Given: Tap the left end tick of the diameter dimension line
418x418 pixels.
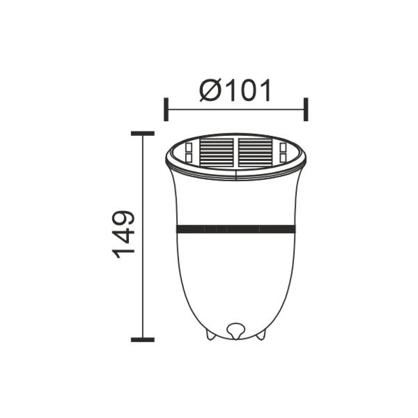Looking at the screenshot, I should pyautogui.click(x=166, y=110).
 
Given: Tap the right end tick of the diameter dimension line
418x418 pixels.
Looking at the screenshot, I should pyautogui.click(x=306, y=110).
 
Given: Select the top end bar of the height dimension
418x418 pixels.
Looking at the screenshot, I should pyautogui.click(x=143, y=133).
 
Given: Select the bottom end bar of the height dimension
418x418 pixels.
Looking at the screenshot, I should pyautogui.click(x=143, y=339).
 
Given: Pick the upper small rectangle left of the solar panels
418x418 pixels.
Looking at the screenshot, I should pyautogui.click(x=188, y=147).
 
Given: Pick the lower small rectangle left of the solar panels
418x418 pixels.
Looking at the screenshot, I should pyautogui.click(x=188, y=157).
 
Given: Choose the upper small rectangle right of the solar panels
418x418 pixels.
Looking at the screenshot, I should pyautogui.click(x=283, y=147).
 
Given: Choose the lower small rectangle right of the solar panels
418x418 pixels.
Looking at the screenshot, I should pyautogui.click(x=283, y=157).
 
